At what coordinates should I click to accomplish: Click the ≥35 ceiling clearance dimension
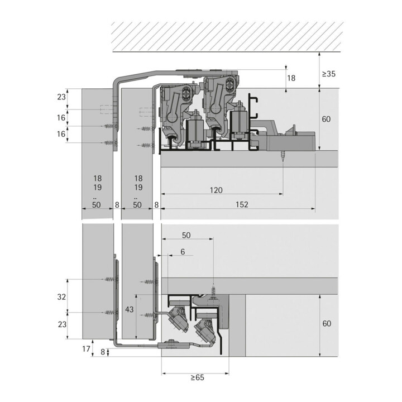(329, 74)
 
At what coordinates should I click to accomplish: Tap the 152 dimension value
(242, 204)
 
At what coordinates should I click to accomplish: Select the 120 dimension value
(216, 190)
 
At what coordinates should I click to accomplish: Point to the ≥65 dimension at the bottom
(198, 377)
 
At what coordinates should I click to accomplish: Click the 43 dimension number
(129, 309)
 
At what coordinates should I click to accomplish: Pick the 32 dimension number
(61, 296)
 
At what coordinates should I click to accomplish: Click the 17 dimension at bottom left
(86, 348)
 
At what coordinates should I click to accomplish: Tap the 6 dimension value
(183, 252)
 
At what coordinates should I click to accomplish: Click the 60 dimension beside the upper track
(326, 119)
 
